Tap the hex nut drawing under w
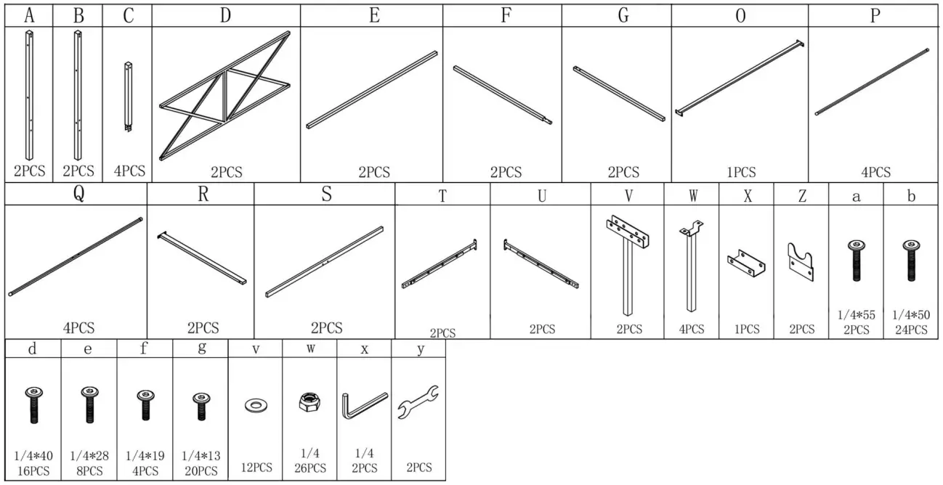click(x=309, y=402)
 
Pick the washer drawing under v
click(x=255, y=404)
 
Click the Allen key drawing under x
click(x=363, y=404)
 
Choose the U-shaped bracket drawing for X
click(x=748, y=262)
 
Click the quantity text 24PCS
click(x=910, y=330)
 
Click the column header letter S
click(x=326, y=195)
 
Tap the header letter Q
click(x=78, y=195)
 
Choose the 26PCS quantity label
click(x=309, y=468)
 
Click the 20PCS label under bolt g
click(x=201, y=470)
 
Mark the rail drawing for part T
click(x=440, y=266)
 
